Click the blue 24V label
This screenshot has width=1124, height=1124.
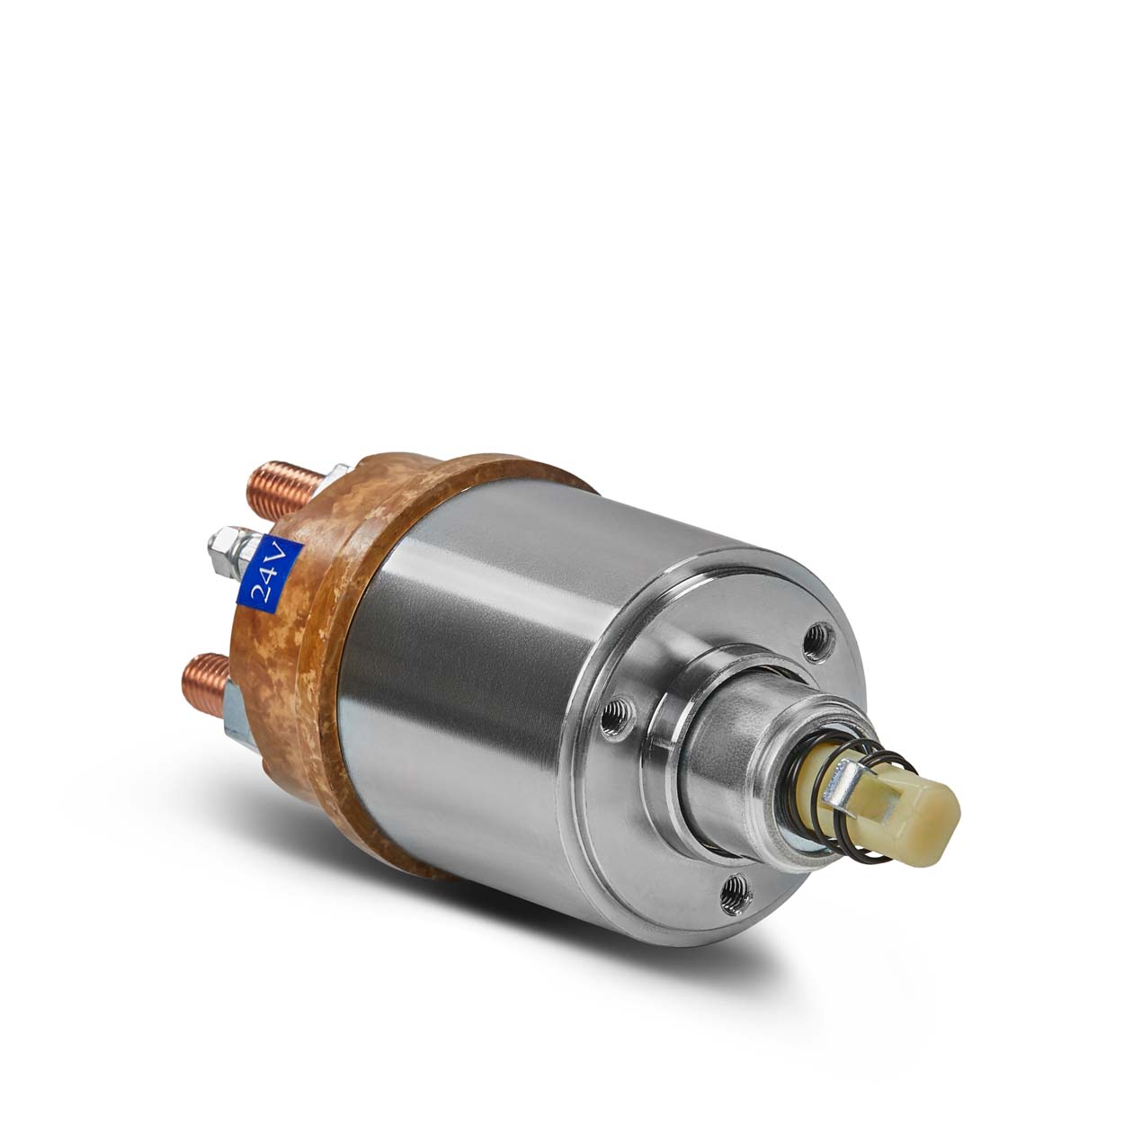coord(270,573)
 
